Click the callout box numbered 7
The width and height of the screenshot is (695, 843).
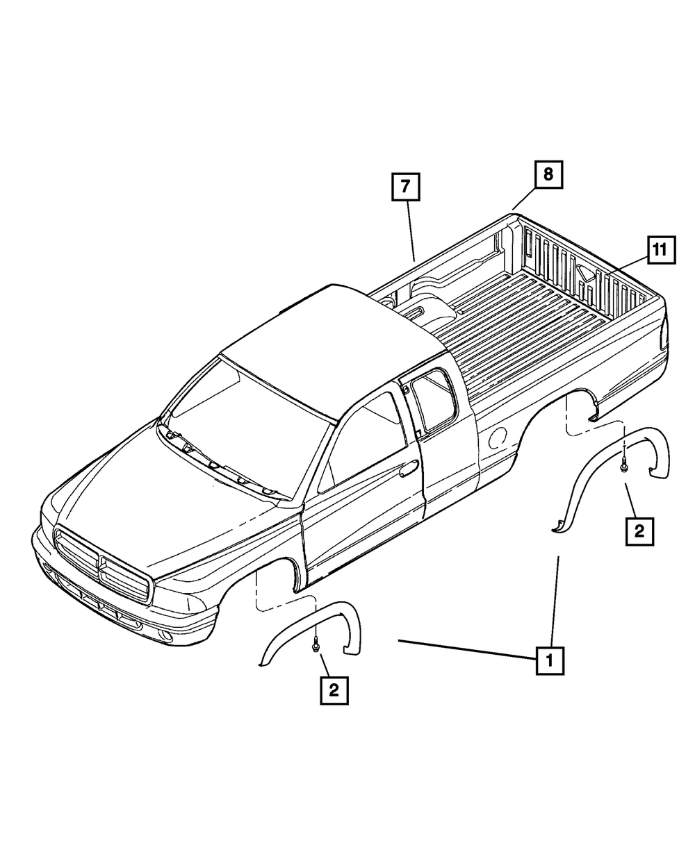pyautogui.click(x=406, y=187)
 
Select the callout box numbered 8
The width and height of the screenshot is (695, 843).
pyautogui.click(x=548, y=174)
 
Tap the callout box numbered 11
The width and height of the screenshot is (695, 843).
pyautogui.click(x=661, y=251)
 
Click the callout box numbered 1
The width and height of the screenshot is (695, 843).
pyautogui.click(x=550, y=661)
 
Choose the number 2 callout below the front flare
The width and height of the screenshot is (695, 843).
pyautogui.click(x=334, y=690)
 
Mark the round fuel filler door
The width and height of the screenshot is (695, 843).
pyautogui.click(x=497, y=438)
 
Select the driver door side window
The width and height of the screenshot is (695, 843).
pyautogui.click(x=365, y=444)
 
